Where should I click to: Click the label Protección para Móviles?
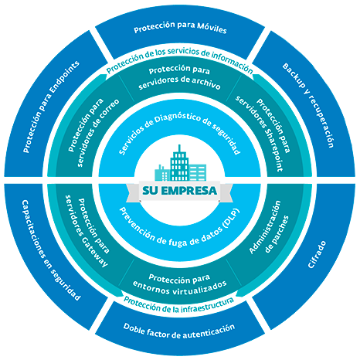point(180,28)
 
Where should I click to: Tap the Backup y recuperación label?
point(308,105)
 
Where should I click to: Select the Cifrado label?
point(317,255)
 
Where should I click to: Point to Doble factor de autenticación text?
point(179,331)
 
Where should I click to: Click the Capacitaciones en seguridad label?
point(50,250)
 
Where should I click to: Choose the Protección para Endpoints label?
point(51,107)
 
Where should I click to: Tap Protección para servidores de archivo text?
point(179,78)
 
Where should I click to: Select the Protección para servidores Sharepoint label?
point(263,134)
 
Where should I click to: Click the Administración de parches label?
point(269,227)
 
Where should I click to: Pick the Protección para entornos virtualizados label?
point(179,284)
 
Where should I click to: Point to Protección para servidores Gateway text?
point(87,231)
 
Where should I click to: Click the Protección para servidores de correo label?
point(93,132)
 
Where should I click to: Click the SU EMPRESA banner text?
point(179,191)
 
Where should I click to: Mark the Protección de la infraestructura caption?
point(179,304)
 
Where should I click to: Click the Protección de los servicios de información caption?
point(179,59)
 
